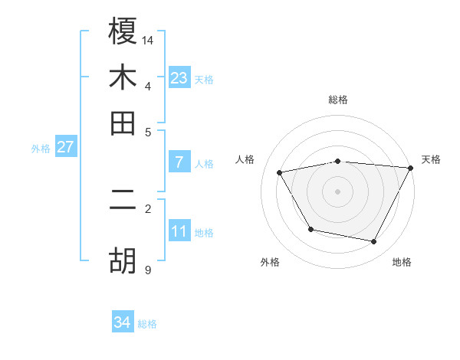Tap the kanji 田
(x=123, y=123)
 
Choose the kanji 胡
(x=123, y=261)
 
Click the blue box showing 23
(x=179, y=77)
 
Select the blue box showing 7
(x=179, y=162)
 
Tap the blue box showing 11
(x=179, y=231)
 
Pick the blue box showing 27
(x=65, y=147)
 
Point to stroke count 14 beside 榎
(x=148, y=39)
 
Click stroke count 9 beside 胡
(x=148, y=270)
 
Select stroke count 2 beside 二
(x=148, y=208)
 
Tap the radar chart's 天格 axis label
(x=431, y=159)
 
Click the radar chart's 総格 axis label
(x=338, y=100)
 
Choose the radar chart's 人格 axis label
(x=245, y=159)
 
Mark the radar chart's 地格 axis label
(x=402, y=262)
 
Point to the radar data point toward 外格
(x=310, y=229)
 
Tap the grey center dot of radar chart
(x=338, y=191)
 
